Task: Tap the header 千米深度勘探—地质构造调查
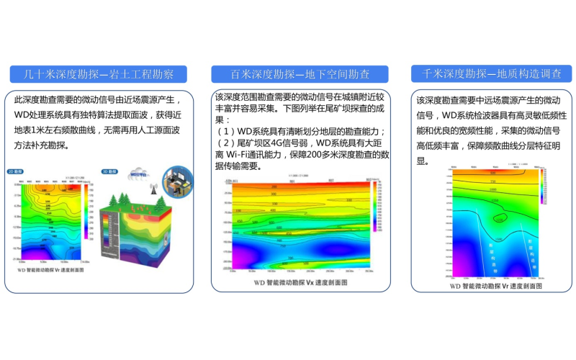pyautogui.click(x=491, y=73)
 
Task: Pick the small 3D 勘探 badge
pyautogui.click(x=109, y=173)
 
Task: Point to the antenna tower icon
pyautogui.click(x=152, y=189)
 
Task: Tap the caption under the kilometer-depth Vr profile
pyautogui.click(x=489, y=285)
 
